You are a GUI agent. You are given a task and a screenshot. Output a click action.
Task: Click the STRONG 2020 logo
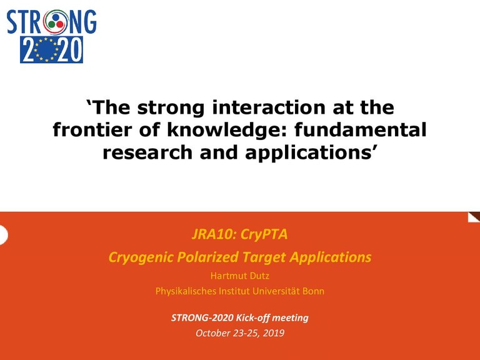point(51,35)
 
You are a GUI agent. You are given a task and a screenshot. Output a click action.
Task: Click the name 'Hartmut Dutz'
point(240,276)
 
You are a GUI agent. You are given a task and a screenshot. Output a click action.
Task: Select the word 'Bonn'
point(312,291)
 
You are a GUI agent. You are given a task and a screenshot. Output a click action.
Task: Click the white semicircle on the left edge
point(3,235)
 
